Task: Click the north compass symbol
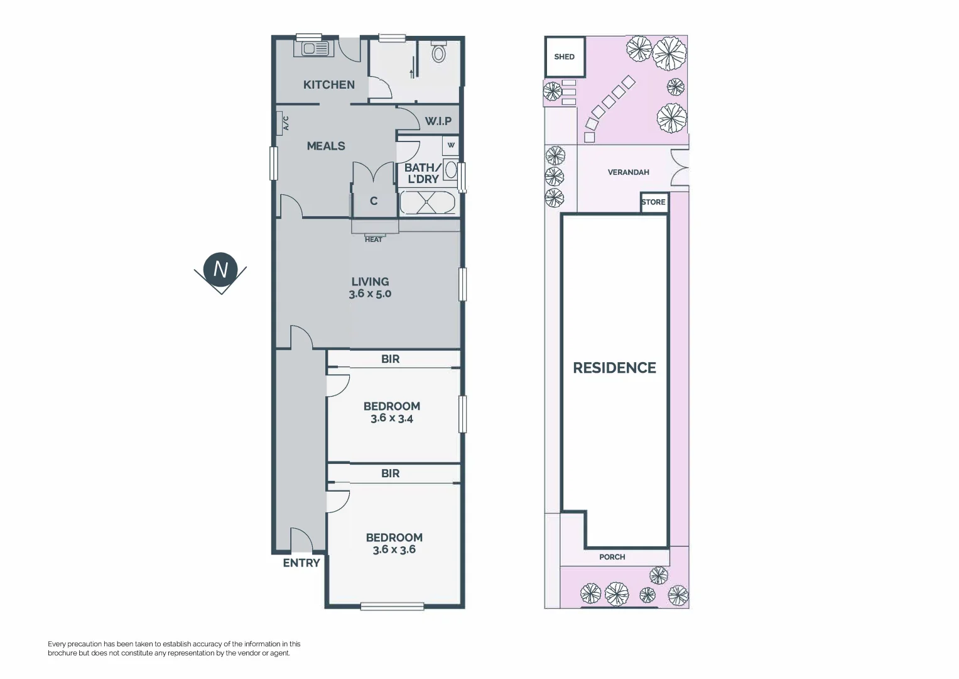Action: (x=220, y=270)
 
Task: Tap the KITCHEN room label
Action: (x=328, y=85)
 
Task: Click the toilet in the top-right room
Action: (x=438, y=53)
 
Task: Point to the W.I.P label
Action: (x=438, y=121)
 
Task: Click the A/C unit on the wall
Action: (x=281, y=123)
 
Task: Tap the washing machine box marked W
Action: (x=450, y=145)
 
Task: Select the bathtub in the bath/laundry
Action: (x=428, y=202)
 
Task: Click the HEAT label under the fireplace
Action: (x=374, y=240)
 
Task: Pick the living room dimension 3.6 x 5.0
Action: (x=370, y=294)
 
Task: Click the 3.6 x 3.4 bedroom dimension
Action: (x=391, y=418)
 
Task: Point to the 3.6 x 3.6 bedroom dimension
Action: (x=394, y=549)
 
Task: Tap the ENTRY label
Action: (x=301, y=563)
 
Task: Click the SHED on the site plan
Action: (x=564, y=57)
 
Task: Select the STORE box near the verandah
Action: (x=653, y=202)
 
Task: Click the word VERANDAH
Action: (x=628, y=172)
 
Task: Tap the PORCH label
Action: (x=612, y=557)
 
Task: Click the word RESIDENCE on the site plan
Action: (x=614, y=368)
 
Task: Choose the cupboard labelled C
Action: (x=374, y=201)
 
